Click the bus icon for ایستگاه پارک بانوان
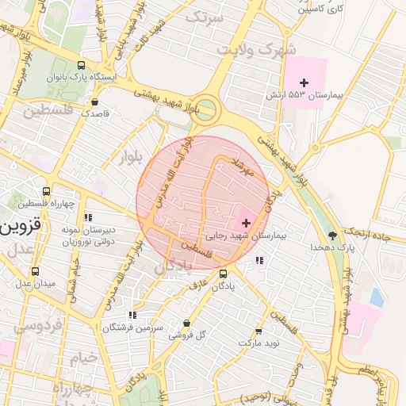[x=82, y=66]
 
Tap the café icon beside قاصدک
[x=95, y=101]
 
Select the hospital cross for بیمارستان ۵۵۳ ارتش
[x=304, y=82]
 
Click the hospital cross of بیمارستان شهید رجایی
[x=246, y=223]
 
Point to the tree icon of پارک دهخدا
[x=332, y=236]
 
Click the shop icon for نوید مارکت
[x=258, y=331]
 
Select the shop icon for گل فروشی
[x=186, y=323]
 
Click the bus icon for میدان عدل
[x=34, y=271]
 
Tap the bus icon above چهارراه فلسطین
[x=47, y=191]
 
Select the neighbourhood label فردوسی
[x=30, y=325]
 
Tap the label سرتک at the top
[x=204, y=16]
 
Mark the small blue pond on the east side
[x=376, y=297]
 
